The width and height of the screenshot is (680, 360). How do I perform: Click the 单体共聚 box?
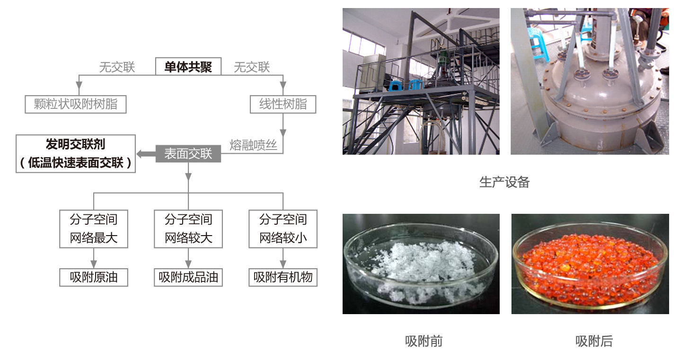188,66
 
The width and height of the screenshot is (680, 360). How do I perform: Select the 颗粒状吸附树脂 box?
76,104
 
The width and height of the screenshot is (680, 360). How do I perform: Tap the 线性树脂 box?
283,104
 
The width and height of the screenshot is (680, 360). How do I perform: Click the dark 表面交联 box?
188,153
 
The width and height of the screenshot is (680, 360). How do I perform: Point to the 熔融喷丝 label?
253,145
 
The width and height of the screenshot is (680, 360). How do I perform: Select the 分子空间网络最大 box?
94,228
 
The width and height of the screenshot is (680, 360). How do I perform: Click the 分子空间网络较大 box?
188,228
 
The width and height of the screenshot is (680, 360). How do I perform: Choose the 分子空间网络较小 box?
283,228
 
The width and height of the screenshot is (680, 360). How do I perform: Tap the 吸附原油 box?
94,277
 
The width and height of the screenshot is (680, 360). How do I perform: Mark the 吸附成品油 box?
188,277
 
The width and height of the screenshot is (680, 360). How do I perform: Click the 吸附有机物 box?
283,277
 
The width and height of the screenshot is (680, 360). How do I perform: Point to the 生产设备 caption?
504,182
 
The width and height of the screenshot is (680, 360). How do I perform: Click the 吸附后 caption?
594,341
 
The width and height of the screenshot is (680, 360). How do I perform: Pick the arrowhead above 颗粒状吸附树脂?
79,90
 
